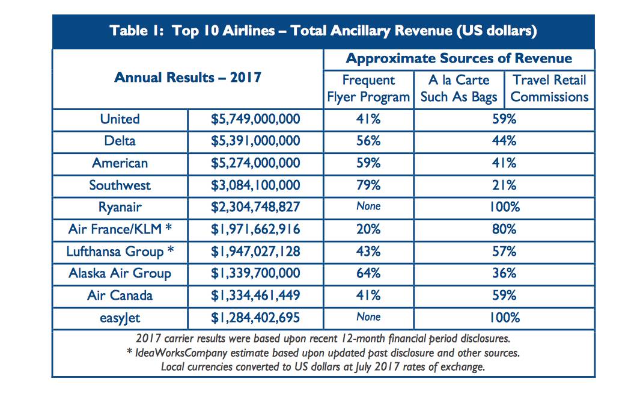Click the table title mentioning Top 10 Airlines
323,31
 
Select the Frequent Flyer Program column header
368,88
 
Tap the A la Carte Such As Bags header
459,88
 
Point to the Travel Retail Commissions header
549,88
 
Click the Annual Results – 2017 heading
187,78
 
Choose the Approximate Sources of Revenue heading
459,59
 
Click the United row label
120,119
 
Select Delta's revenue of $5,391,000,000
255,141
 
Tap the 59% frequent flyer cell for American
368,163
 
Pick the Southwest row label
120,185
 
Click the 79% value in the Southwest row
368,185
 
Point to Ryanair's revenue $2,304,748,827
255,207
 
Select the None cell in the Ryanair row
368,206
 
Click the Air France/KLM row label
121,229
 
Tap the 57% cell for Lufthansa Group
504,251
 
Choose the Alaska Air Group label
120,273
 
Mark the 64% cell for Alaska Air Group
368,273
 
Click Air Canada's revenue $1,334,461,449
255,296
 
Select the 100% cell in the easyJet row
504,318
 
